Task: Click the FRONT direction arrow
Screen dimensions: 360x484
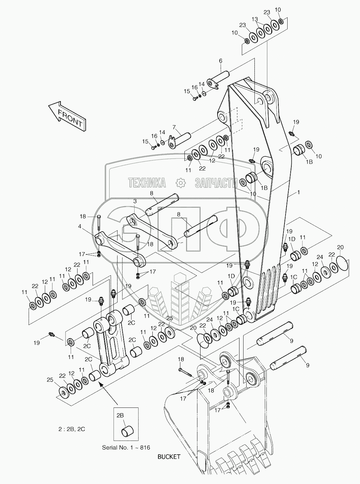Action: (x=67, y=116)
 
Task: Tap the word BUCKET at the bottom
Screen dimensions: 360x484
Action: (x=169, y=456)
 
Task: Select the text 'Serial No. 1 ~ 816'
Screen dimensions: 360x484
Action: (x=126, y=447)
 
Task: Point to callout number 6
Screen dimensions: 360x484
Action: (x=221, y=61)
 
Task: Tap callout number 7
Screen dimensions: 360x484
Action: (x=174, y=127)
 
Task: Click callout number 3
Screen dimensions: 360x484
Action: (x=135, y=201)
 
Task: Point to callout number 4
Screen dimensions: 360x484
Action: (x=80, y=226)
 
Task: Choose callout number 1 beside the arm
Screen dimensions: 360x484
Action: (x=298, y=192)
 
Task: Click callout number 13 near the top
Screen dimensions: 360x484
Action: (x=255, y=19)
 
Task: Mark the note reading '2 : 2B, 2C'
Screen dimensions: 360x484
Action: (x=72, y=429)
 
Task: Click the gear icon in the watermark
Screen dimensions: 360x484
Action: (x=180, y=183)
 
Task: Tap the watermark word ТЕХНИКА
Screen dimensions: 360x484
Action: (x=147, y=183)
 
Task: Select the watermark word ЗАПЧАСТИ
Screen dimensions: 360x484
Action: (x=216, y=183)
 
